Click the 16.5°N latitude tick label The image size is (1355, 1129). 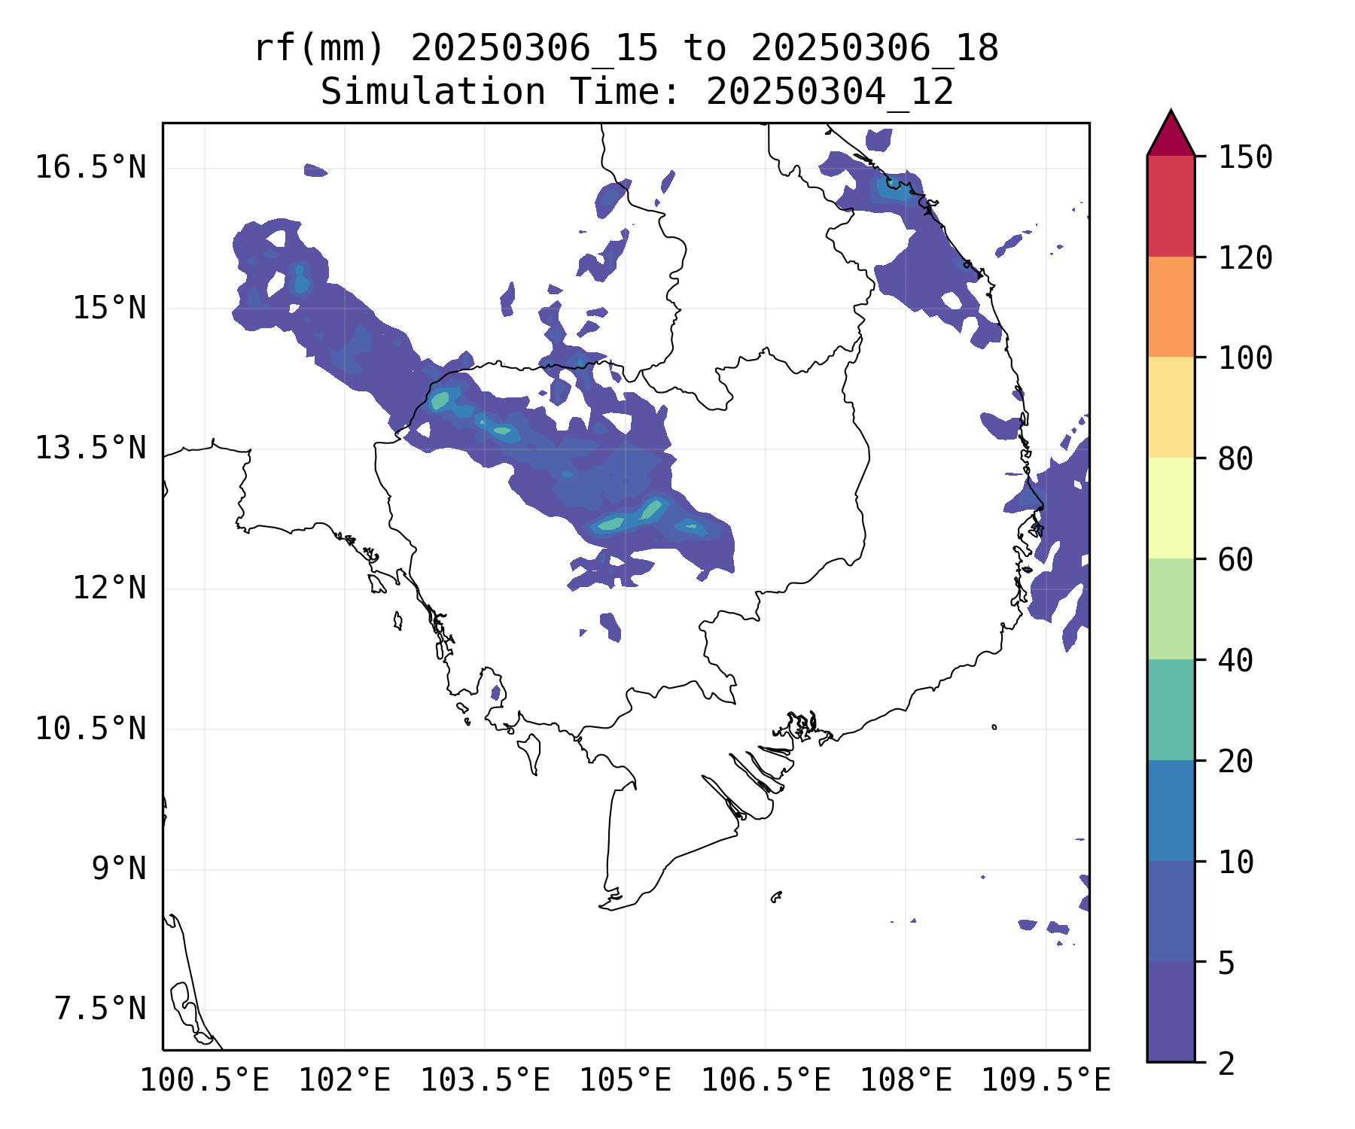click(90, 167)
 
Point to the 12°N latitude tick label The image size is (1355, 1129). click(109, 588)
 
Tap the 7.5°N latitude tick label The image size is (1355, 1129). click(100, 1009)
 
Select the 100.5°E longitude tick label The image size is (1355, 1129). click(205, 1081)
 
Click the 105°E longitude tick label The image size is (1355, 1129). click(625, 1081)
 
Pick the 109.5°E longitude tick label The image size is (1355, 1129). click(1046, 1081)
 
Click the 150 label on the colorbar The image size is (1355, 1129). click(1245, 158)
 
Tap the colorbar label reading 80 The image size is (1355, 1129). click(1235, 458)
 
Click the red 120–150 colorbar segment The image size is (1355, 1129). click(1171, 206)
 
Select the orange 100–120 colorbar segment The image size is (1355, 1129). click(1171, 306)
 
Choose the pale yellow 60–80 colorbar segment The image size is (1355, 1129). click(1171, 508)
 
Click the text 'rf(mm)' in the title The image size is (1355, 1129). click(319, 49)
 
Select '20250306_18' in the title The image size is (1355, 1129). click(875, 49)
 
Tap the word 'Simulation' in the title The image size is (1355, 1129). click(433, 93)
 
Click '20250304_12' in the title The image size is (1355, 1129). click(830, 93)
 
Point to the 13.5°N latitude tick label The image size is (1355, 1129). click(90, 449)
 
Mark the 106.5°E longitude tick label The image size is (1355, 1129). click(766, 1081)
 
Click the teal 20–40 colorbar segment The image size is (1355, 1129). click(1171, 710)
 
